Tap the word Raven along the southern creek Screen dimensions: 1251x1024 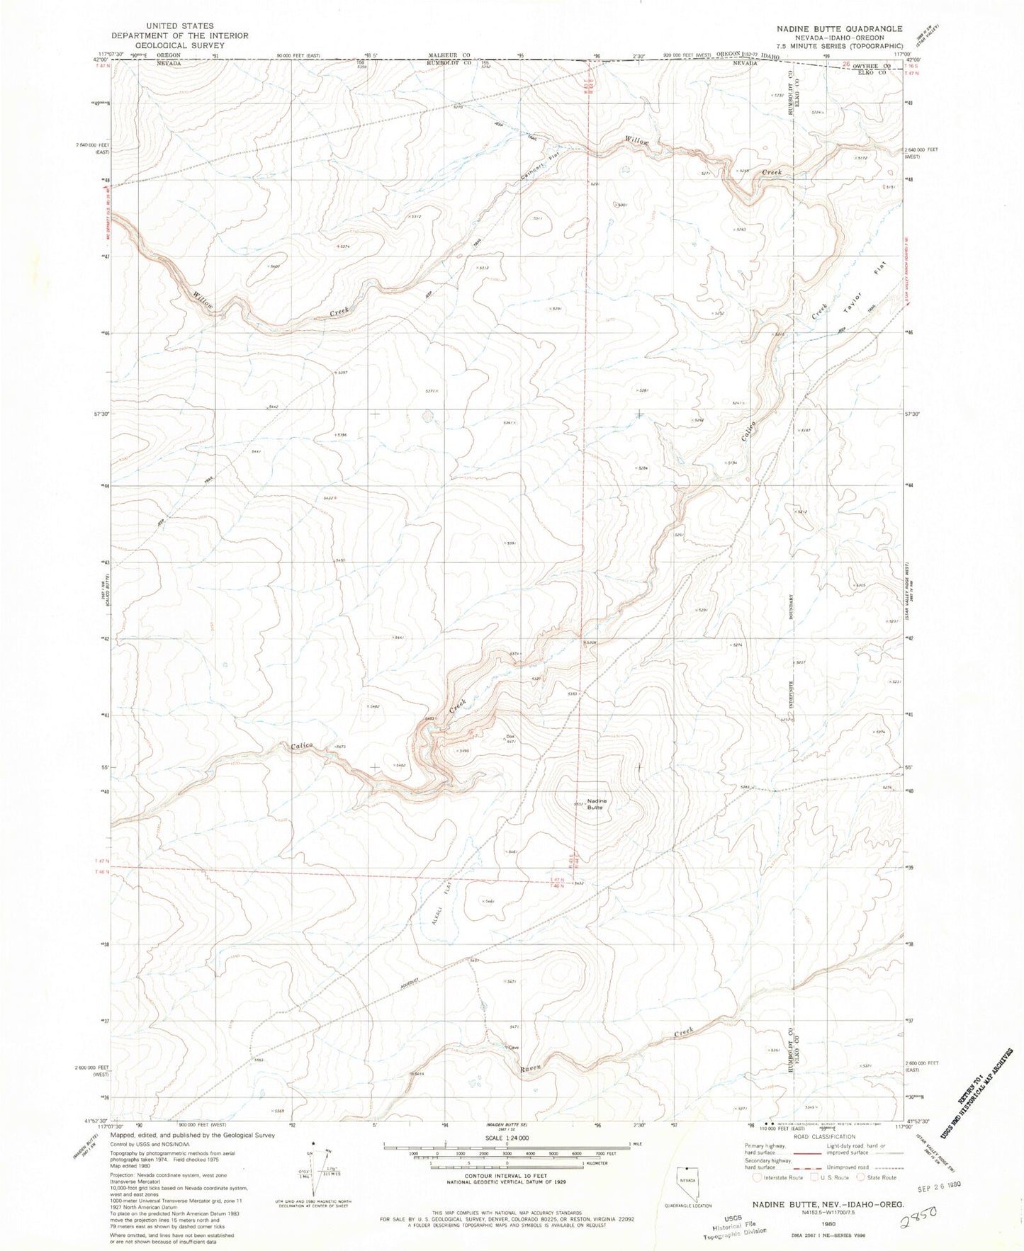click(530, 1068)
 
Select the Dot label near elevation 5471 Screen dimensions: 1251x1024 click(510, 736)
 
